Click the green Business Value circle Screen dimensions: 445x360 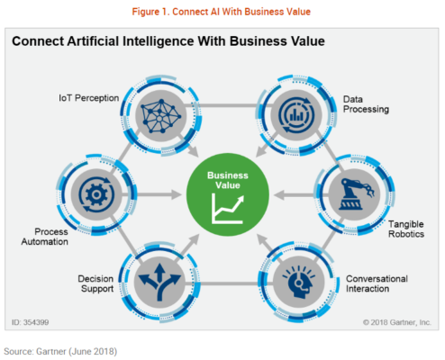click(x=228, y=194)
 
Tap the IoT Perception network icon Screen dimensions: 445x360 click(x=161, y=116)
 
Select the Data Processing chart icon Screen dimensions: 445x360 click(x=296, y=114)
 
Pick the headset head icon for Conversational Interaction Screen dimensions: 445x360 click(x=299, y=282)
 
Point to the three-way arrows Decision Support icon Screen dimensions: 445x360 click(x=159, y=282)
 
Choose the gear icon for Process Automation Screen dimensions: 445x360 click(x=96, y=194)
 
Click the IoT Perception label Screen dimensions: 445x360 click(x=88, y=98)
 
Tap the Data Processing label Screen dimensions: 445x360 click(x=366, y=104)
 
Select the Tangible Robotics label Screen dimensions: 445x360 click(x=406, y=229)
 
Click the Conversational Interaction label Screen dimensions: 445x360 click(x=377, y=283)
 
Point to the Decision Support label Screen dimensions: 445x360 click(x=95, y=283)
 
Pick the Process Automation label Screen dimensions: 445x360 click(x=45, y=237)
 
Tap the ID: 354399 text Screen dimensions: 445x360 click(x=30, y=322)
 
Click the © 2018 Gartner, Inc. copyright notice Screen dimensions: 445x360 click(x=397, y=322)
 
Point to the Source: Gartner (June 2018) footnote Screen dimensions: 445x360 click(x=60, y=351)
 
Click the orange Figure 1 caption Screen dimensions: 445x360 click(x=222, y=12)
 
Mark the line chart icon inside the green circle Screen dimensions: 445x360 click(x=228, y=209)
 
